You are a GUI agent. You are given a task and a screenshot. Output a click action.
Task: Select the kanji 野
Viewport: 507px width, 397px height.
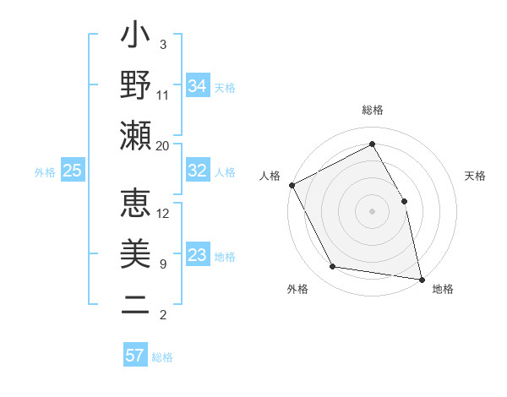[x=135, y=85]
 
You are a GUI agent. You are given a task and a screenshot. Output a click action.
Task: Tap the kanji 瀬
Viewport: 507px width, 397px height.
[x=135, y=135]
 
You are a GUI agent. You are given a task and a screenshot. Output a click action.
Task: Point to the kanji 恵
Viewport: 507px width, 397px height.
[x=135, y=204]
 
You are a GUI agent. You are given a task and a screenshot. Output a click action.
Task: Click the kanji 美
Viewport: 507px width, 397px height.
[x=135, y=254]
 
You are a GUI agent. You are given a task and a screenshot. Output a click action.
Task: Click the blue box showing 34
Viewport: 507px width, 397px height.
[x=198, y=86]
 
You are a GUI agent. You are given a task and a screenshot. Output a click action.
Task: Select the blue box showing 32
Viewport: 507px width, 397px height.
[x=198, y=171]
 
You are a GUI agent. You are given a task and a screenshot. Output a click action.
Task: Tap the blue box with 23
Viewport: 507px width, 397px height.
[x=198, y=256]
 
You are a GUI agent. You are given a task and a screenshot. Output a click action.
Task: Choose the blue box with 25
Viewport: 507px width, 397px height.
[x=73, y=171]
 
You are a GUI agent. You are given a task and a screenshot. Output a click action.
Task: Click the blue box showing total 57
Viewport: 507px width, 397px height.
[x=135, y=356]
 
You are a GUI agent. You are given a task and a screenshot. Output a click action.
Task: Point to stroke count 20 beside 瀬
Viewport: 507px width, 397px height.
[x=163, y=145]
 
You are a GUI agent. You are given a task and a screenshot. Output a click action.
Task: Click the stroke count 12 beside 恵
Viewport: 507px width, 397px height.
[x=163, y=214]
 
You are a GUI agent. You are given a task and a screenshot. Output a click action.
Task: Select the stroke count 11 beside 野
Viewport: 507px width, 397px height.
[x=163, y=95]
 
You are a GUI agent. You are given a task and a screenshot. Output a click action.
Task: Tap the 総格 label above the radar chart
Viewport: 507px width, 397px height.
[x=373, y=110]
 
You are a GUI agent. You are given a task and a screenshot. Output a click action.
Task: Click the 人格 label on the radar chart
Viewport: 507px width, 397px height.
[x=270, y=176]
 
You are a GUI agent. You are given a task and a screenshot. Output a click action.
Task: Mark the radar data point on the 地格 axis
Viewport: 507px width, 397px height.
[x=421, y=278]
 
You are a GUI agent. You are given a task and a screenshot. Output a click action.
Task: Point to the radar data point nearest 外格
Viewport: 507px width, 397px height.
[x=333, y=267]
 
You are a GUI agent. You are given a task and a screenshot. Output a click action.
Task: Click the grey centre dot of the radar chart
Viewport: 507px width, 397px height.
[x=373, y=210]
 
